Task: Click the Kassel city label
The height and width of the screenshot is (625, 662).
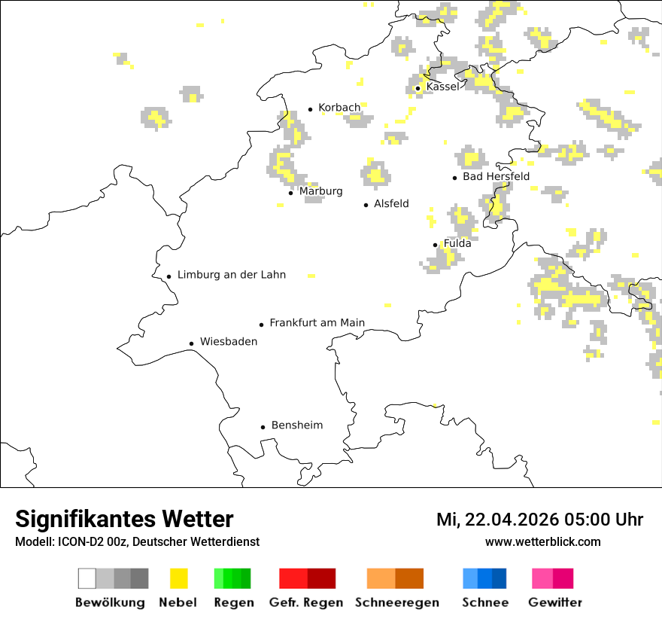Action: pos(442,87)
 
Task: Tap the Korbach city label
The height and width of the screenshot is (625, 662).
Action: pos(339,108)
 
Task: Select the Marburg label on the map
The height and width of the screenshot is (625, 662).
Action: pos(320,191)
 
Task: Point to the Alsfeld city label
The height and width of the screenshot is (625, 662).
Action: pos(391,203)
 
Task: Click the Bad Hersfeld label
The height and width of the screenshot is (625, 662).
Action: pos(496,176)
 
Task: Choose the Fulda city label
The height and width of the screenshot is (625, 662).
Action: pos(457,243)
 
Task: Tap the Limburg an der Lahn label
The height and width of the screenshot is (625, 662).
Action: pos(231,275)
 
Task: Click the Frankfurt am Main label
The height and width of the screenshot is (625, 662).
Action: pos(317,323)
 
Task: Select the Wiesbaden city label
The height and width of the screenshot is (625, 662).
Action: pos(228,342)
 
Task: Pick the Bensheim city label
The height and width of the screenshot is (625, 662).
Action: pos(296,425)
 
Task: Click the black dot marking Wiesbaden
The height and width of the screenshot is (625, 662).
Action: pos(191,343)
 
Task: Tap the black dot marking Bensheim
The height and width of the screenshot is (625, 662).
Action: pos(263,427)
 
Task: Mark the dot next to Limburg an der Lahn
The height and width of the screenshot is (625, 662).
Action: pos(169,276)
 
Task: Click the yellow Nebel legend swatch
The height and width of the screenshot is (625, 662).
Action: pos(178,578)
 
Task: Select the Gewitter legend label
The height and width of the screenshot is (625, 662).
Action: pos(554,602)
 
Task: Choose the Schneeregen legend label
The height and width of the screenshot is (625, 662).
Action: pos(396,602)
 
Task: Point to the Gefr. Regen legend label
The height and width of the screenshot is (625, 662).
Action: pos(305,602)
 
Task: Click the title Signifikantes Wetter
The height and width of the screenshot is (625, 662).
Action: pos(124,520)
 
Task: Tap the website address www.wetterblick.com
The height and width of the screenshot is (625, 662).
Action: pos(542,541)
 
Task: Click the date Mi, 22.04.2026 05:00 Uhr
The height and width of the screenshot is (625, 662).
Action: pos(539,520)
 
